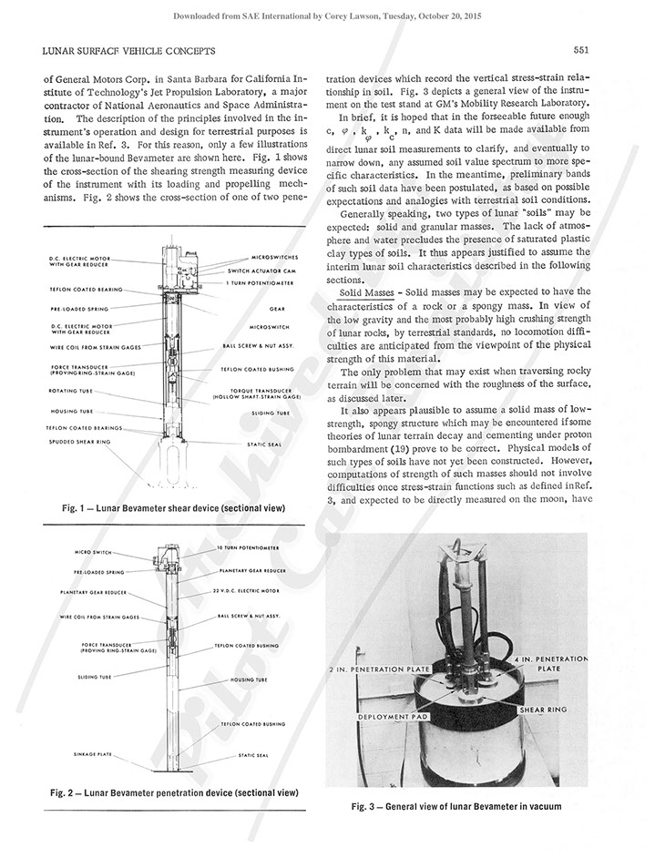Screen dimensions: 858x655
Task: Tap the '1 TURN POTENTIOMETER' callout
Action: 263,285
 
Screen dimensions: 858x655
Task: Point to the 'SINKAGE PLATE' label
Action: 94,755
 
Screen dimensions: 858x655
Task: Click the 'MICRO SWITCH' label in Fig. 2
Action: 93,552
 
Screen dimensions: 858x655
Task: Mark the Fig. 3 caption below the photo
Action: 455,806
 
